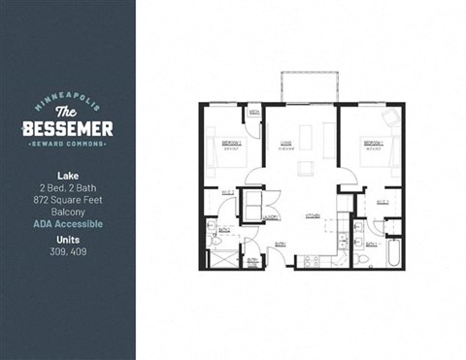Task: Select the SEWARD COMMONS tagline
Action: coord(68,146)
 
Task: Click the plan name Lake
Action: coord(68,178)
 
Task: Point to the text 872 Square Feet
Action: coord(68,199)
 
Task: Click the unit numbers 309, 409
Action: coord(68,249)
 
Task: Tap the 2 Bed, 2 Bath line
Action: coord(68,188)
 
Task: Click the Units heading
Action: coord(68,238)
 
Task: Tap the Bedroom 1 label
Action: coord(374,143)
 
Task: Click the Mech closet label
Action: coord(253,114)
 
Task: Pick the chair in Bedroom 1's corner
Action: coord(390,118)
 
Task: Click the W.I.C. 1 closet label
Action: coord(383,201)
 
